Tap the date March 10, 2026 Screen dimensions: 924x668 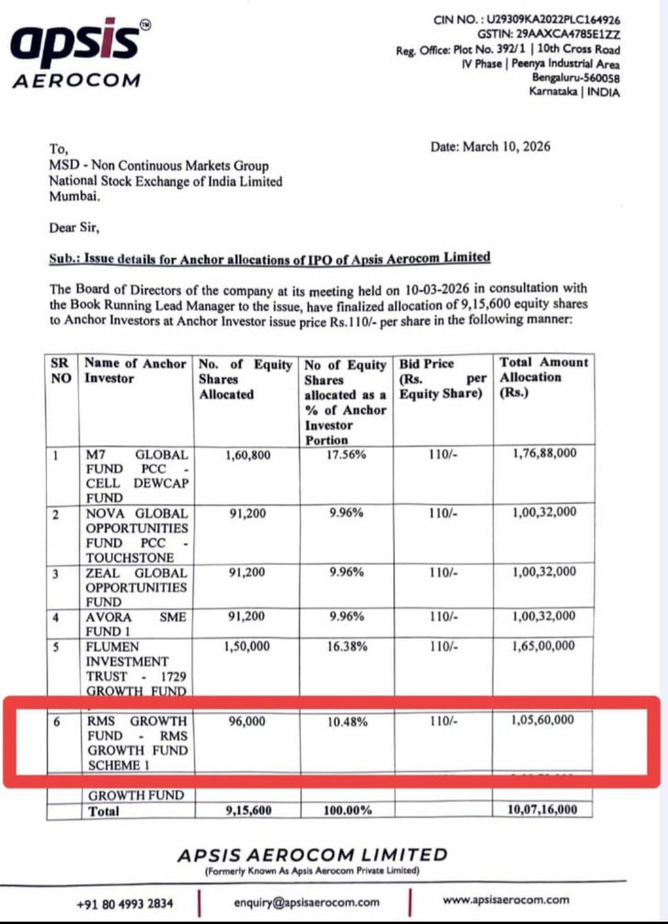point(491,146)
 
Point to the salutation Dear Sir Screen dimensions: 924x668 point(74,228)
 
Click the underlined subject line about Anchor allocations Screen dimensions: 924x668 point(269,257)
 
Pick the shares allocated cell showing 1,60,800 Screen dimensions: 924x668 point(247,455)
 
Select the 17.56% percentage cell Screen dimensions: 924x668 point(346,455)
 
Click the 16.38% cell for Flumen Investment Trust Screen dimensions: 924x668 point(346,647)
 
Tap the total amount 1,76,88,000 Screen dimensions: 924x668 point(543,455)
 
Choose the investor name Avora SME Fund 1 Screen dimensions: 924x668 point(136,623)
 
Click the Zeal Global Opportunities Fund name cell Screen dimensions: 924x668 point(136,587)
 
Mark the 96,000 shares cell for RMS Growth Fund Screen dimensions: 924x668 point(247,721)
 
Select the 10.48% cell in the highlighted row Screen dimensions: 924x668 point(346,721)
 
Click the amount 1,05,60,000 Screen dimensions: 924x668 point(543,721)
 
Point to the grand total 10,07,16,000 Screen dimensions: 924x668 point(543,810)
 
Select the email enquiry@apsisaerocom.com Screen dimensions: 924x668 point(306,902)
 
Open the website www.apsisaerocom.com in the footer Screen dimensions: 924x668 point(505,899)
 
